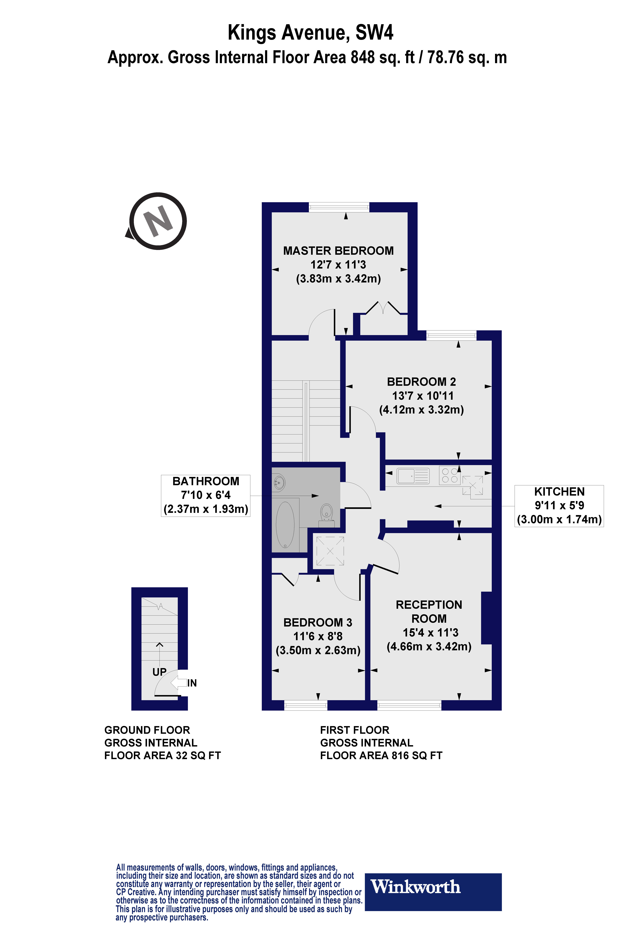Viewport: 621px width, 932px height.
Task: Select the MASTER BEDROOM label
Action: click(x=338, y=251)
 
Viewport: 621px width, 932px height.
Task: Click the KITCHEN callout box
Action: click(x=559, y=506)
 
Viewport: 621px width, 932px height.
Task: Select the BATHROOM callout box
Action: click(x=206, y=495)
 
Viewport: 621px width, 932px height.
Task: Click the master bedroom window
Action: click(x=339, y=207)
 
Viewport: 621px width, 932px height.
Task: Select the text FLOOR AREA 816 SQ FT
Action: click(x=381, y=756)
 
